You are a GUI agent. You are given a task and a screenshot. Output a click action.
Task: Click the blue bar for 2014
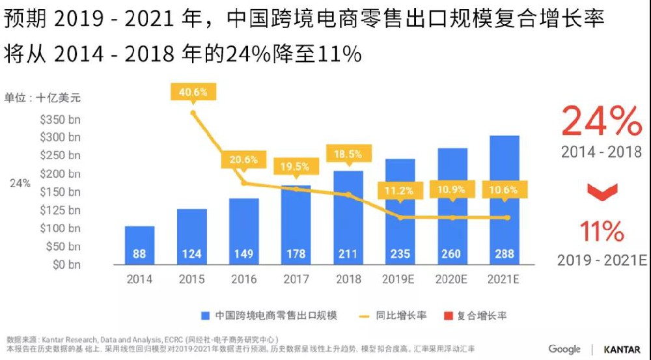pos(139,245)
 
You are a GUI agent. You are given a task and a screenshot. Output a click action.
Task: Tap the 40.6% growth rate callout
pos(193,92)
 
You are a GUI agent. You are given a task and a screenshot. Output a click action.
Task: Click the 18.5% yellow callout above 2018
pos(348,154)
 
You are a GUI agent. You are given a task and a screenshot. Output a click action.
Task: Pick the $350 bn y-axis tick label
pos(60,120)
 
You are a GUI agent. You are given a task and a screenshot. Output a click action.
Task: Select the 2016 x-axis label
pos(243,279)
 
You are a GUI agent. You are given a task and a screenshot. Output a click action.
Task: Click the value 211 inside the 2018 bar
pos(348,254)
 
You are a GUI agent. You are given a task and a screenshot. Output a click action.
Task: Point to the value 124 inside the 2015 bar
pos(191,254)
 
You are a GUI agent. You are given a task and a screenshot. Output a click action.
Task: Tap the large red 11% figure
pos(602,231)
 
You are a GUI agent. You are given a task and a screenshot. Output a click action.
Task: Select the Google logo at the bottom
pos(564,350)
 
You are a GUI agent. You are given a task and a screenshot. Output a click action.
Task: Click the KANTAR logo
pos(622,350)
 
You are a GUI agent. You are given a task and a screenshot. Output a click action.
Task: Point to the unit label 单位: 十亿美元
pos(44,98)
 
